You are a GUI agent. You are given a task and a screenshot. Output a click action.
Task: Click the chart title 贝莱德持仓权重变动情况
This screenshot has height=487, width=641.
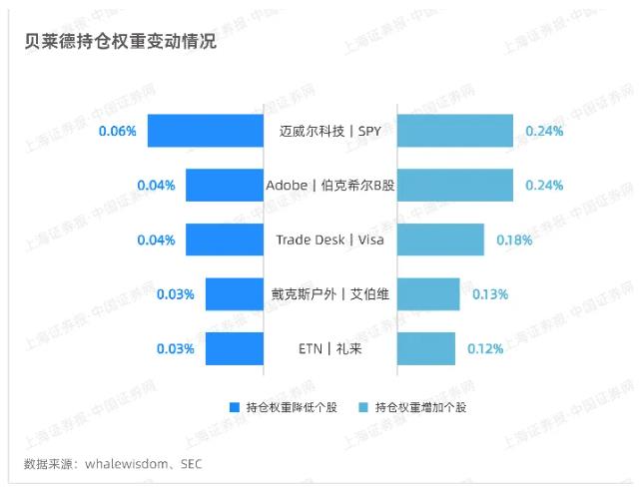pyautogui.click(x=121, y=44)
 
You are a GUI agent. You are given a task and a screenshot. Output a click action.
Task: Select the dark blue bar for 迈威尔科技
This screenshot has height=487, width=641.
pyautogui.click(x=206, y=131)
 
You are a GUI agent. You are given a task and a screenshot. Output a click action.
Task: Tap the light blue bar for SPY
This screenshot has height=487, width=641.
pyautogui.click(x=455, y=131)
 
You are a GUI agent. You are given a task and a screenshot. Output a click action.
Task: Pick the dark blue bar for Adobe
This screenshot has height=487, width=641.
pyautogui.click(x=225, y=186)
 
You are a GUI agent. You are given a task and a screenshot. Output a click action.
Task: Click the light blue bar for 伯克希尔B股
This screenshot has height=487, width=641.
pyautogui.click(x=455, y=186)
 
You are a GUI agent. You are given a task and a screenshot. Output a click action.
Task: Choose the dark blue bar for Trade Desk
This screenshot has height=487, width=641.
pyautogui.click(x=225, y=241)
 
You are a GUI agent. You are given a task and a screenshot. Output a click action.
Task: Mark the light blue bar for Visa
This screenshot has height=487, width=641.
pyautogui.click(x=440, y=241)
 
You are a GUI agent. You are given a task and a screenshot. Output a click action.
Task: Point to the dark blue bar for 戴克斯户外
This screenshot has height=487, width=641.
pyautogui.click(x=235, y=294)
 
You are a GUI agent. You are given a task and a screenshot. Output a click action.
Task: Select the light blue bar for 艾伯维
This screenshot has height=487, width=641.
pyautogui.click(x=428, y=294)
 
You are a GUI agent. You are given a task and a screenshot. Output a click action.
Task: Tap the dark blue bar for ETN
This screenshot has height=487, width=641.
pyautogui.click(x=235, y=349)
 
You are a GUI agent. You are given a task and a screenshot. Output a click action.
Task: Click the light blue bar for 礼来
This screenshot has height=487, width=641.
pyautogui.click(x=426, y=349)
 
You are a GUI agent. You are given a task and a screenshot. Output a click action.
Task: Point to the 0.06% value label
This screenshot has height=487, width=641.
pyautogui.click(x=117, y=131)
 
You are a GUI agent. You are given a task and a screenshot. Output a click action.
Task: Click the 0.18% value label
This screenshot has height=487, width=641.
pyautogui.click(x=514, y=241)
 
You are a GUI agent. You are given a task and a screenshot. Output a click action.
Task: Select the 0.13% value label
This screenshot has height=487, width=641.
pyautogui.click(x=489, y=294)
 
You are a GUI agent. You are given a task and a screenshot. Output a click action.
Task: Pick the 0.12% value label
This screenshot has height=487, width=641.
pyautogui.click(x=485, y=349)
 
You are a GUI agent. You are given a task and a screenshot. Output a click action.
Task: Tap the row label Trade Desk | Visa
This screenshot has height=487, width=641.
pyautogui.click(x=329, y=241)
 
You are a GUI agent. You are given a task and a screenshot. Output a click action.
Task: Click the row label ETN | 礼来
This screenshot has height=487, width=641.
pyautogui.click(x=329, y=349)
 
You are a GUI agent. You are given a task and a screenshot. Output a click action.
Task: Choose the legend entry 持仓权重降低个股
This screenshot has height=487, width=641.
pyautogui.click(x=291, y=407)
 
